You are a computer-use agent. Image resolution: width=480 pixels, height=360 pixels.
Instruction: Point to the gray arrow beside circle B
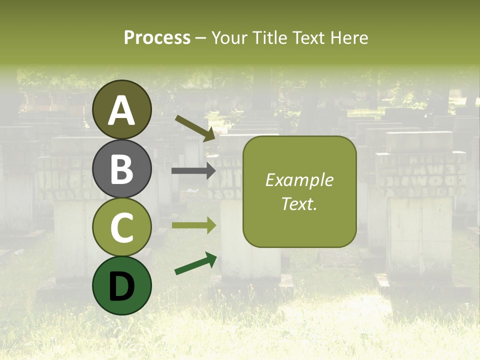click(x=193, y=171)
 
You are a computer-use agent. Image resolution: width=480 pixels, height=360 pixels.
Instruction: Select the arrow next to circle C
click(x=193, y=225)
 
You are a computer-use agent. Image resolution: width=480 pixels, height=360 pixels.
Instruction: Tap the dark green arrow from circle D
click(x=195, y=264)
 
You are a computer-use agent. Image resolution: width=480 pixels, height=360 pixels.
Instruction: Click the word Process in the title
click(x=157, y=37)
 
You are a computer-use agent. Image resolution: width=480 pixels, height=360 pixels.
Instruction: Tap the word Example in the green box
click(x=299, y=180)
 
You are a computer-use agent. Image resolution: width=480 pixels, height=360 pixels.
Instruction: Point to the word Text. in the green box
click(x=299, y=203)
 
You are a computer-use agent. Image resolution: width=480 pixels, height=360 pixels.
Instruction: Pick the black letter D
click(x=122, y=286)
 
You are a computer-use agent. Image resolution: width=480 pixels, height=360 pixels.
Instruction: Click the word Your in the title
click(x=231, y=37)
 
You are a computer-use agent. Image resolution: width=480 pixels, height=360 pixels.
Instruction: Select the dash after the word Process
click(x=200, y=38)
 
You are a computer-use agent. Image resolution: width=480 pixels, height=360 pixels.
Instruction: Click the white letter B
click(x=122, y=168)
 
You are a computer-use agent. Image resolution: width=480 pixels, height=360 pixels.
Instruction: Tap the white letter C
click(x=122, y=227)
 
